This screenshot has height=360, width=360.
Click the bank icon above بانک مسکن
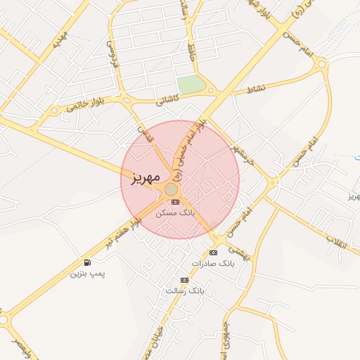point(175,202)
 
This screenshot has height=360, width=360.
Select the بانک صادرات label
point(215,264)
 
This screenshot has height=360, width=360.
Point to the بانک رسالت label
point(184,290)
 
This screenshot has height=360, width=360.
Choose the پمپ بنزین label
point(87,273)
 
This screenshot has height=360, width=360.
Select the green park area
point(191,84)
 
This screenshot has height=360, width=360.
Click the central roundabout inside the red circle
point(171,189)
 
